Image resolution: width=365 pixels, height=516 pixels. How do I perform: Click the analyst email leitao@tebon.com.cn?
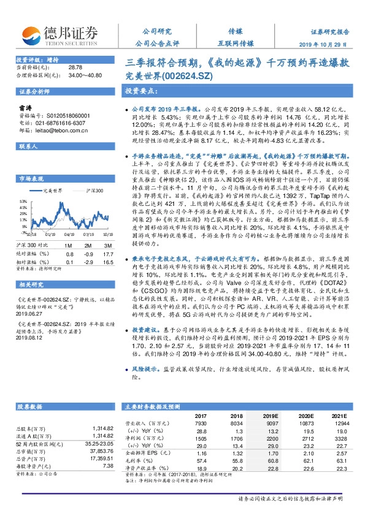[x=59, y=129]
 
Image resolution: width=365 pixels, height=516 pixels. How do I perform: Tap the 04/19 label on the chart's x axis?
[x=69, y=233]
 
